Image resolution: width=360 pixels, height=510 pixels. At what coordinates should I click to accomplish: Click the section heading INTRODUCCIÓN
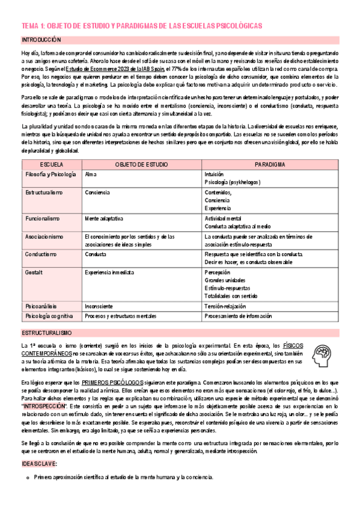point(41,39)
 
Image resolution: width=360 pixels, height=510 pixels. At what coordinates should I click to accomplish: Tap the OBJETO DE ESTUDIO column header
point(141,164)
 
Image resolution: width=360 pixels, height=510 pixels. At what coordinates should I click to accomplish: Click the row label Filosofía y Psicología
point(50,174)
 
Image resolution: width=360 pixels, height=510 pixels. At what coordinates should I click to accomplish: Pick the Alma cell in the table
point(91,174)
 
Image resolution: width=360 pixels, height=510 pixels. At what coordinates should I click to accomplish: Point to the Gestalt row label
point(34,272)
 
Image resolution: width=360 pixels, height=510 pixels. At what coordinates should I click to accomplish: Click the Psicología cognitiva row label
point(50,315)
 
